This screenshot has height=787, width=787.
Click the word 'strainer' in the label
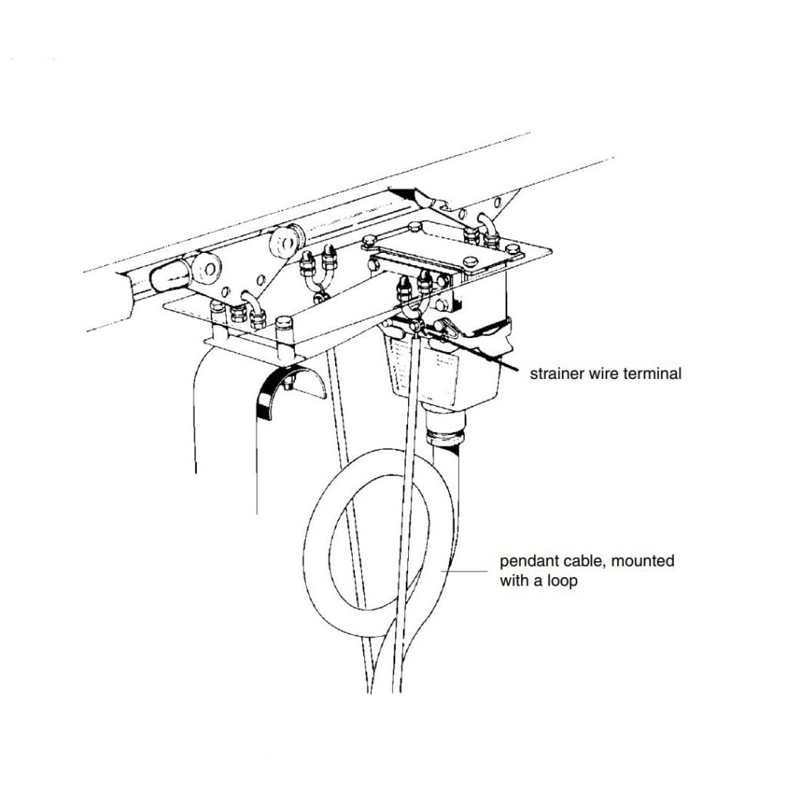coord(555,374)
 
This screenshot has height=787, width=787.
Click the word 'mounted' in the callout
coord(643,560)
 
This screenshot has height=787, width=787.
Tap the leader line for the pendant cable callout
coord(464,571)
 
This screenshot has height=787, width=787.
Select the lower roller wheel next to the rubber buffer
coord(208,269)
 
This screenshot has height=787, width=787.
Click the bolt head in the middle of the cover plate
coord(470,262)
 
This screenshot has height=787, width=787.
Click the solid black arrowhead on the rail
coord(405,193)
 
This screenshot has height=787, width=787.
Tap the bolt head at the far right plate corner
coord(513,250)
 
